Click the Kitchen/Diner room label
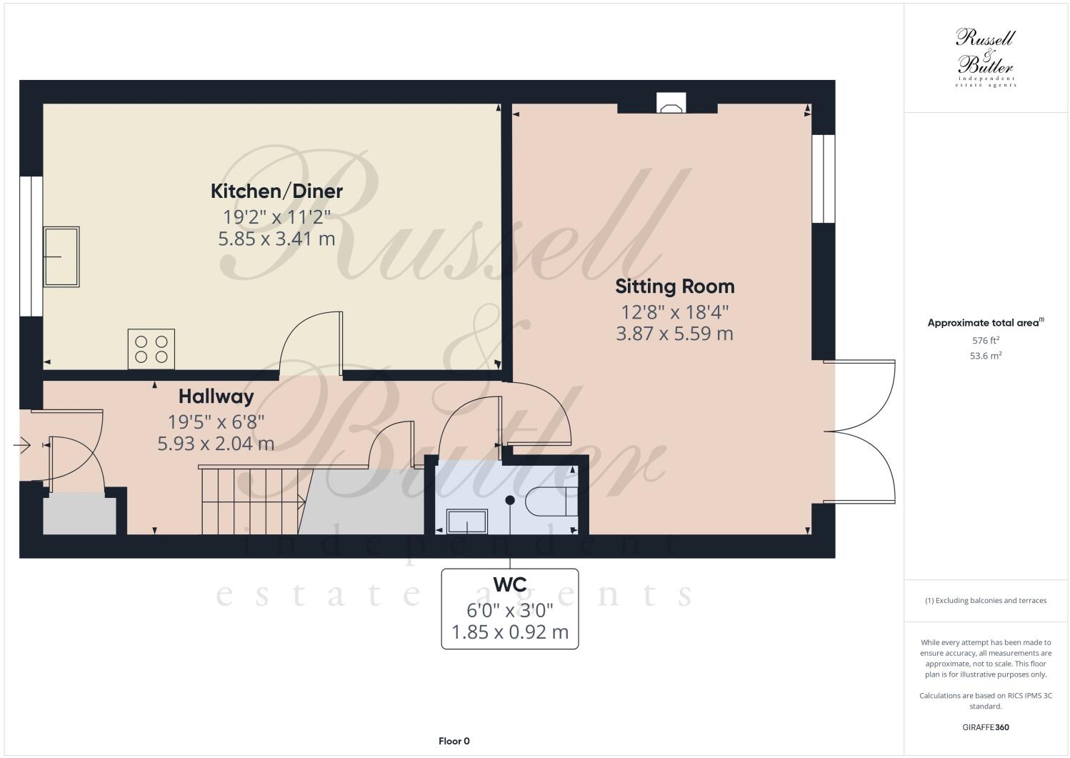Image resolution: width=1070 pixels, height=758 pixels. coord(276,191)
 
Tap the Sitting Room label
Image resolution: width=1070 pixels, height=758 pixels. coord(674,286)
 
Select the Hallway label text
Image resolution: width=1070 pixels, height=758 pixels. coord(216,396)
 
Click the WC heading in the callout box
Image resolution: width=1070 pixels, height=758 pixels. coord(509,584)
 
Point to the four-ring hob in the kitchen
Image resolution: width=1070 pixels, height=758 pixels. coord(151,349)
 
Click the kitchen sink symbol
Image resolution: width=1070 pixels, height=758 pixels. coord(62,256)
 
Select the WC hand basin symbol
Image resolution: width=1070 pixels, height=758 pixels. coord(467,522)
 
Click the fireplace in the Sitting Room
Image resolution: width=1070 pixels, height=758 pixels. coord(671,105)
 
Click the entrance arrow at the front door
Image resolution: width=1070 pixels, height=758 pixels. coord(21,446)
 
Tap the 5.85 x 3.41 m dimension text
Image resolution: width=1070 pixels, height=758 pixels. coord(276,238)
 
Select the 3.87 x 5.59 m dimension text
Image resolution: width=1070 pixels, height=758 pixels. coord(674,333)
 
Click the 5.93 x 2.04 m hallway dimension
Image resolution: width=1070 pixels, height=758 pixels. coord(216,444)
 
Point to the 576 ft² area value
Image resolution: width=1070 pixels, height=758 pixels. coord(985,341)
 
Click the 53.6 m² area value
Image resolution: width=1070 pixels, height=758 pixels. coord(985,355)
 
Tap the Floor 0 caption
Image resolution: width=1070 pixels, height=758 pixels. coord(454,741)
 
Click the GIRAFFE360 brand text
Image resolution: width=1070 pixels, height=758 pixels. coord(985,728)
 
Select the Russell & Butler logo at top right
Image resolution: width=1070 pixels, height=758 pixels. coord(985,57)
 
